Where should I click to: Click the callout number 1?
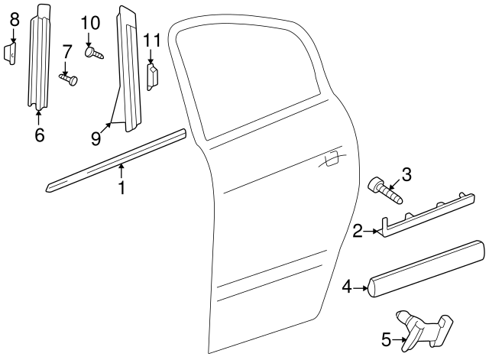tap(121, 186)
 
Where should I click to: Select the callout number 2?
tap(358, 229)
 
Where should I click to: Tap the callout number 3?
tap(406, 175)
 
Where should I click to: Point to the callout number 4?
tap(347, 287)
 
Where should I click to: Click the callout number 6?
tap(39, 135)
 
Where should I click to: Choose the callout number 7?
tap(66, 52)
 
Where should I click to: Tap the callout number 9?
tap(96, 138)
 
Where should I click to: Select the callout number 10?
tap(90, 23)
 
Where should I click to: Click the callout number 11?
tap(151, 40)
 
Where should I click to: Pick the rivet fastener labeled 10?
tap(93, 53)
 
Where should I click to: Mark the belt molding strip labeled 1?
tap(115, 162)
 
